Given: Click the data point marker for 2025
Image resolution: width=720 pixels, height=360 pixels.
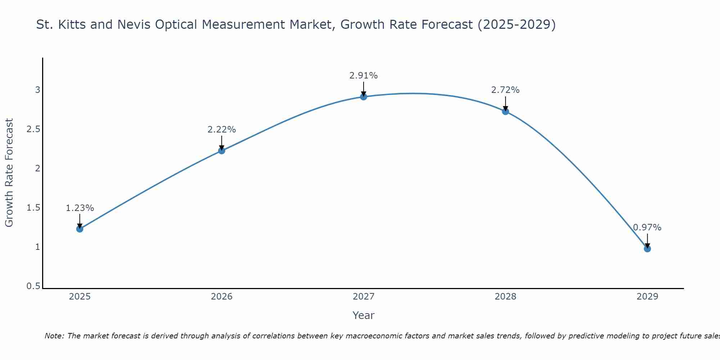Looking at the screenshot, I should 80,229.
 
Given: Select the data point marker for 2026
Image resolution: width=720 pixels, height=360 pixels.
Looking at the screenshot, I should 222,150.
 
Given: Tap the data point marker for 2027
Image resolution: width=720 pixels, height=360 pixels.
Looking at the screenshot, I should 364,96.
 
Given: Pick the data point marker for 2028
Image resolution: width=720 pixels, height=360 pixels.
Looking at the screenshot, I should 505,111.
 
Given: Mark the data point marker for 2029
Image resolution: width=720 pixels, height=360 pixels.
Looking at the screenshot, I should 647,249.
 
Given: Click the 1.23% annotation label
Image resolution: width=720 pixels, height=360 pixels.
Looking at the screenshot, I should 80,208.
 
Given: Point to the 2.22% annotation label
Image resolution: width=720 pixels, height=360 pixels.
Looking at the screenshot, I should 222,130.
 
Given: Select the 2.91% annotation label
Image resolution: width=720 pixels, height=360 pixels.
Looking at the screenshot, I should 364,76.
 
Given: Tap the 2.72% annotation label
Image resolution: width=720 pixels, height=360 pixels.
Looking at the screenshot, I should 505,90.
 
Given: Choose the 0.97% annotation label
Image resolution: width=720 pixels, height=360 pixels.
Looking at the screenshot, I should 647,228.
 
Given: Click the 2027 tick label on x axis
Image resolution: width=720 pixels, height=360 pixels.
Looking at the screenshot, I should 364,297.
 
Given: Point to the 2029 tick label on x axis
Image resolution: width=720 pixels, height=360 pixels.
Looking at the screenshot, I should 647,297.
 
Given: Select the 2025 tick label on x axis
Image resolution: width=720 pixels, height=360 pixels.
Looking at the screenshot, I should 80,297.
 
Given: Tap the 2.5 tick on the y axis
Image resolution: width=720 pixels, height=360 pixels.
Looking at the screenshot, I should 33,129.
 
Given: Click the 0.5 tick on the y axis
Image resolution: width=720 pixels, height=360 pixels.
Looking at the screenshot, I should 33,286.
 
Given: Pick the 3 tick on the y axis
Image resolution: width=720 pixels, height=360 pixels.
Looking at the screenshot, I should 37,90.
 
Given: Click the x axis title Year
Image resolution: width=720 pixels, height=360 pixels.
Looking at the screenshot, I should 364,315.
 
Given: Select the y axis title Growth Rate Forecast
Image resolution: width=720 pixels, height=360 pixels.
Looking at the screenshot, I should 9,173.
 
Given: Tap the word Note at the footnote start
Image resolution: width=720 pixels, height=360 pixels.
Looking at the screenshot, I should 54,336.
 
